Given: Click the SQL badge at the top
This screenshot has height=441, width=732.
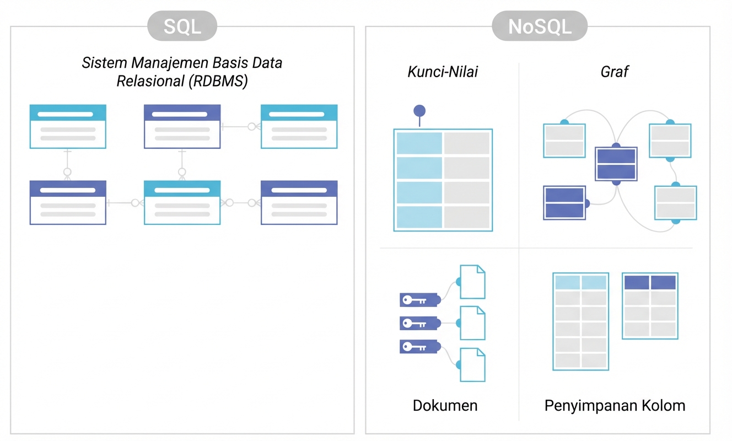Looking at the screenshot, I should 182,26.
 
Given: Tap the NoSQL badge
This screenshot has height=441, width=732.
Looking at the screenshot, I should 540,26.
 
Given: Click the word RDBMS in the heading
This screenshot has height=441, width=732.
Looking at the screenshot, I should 218,81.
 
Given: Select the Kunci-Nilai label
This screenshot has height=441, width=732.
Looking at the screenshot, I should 443,72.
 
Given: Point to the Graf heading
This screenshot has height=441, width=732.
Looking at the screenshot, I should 615,72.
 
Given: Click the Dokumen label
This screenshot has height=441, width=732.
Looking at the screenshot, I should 445,406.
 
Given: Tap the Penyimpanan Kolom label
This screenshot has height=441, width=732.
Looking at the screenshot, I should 615,406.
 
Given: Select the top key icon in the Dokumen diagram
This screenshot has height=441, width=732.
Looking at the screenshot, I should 419,300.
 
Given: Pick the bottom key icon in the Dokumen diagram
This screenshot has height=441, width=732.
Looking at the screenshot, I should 419,347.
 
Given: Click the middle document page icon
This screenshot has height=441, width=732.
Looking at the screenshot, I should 472,323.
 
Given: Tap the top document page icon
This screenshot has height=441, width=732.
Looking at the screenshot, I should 472,282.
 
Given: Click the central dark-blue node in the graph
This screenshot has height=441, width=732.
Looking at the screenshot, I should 616,164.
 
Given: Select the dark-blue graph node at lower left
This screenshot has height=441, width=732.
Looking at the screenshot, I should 564,203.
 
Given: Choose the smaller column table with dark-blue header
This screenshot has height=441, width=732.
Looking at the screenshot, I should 650,305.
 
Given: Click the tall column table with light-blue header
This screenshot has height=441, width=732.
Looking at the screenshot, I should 580,321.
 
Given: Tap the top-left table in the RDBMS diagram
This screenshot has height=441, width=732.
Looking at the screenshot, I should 68,126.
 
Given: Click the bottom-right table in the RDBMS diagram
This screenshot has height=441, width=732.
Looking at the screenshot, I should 299,202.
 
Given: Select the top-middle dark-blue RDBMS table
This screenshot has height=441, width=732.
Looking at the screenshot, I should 182,126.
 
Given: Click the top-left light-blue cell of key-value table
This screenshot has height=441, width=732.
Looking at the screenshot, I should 418,143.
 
